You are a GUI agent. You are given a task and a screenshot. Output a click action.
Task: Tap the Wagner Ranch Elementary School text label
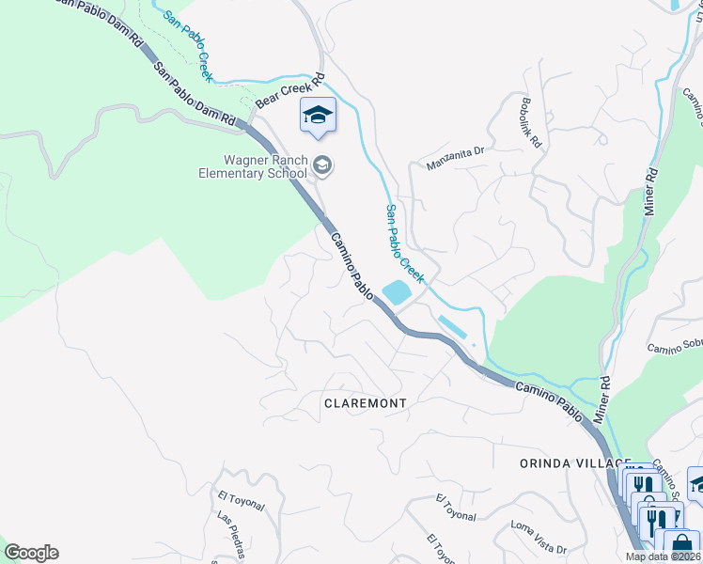(x=252, y=166)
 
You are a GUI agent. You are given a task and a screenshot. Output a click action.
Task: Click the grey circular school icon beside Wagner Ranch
(x=322, y=166)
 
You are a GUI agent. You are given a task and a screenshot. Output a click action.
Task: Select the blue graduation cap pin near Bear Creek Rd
(x=318, y=116)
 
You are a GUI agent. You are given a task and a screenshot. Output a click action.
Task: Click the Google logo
(x=31, y=553)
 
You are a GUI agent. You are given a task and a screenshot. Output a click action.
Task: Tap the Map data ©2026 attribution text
(x=662, y=556)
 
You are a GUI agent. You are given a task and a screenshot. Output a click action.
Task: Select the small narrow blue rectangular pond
(x=452, y=329)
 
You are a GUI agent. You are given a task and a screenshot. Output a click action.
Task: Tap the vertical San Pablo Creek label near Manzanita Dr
(x=405, y=243)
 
